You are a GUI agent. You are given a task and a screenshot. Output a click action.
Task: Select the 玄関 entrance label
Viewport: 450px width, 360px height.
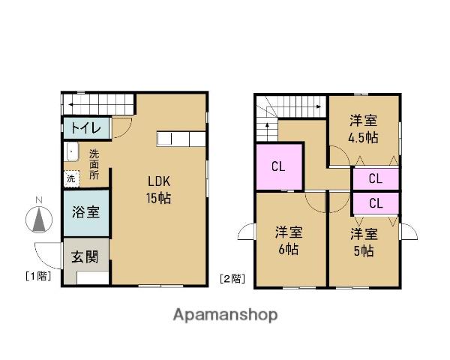tap(84, 257)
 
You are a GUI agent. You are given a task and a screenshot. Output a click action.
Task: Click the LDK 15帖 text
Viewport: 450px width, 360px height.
tap(160, 189)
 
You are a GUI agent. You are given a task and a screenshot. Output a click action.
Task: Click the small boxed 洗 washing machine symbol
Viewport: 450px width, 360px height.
tap(70, 178)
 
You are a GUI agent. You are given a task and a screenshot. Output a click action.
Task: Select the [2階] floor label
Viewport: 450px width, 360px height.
tap(232, 279)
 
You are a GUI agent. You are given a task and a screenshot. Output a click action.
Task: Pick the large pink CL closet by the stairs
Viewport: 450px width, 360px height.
tap(278, 167)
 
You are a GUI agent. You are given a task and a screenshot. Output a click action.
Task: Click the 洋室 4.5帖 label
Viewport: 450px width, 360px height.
tap(364, 129)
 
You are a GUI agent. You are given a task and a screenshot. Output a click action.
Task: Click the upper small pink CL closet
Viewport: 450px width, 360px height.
tap(375, 179)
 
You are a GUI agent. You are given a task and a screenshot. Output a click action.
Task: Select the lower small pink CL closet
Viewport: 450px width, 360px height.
tap(375, 202)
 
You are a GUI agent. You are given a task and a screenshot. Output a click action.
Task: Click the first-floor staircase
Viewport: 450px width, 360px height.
tap(97, 104)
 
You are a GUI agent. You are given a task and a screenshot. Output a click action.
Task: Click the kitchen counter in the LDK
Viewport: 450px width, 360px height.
tap(181, 139)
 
